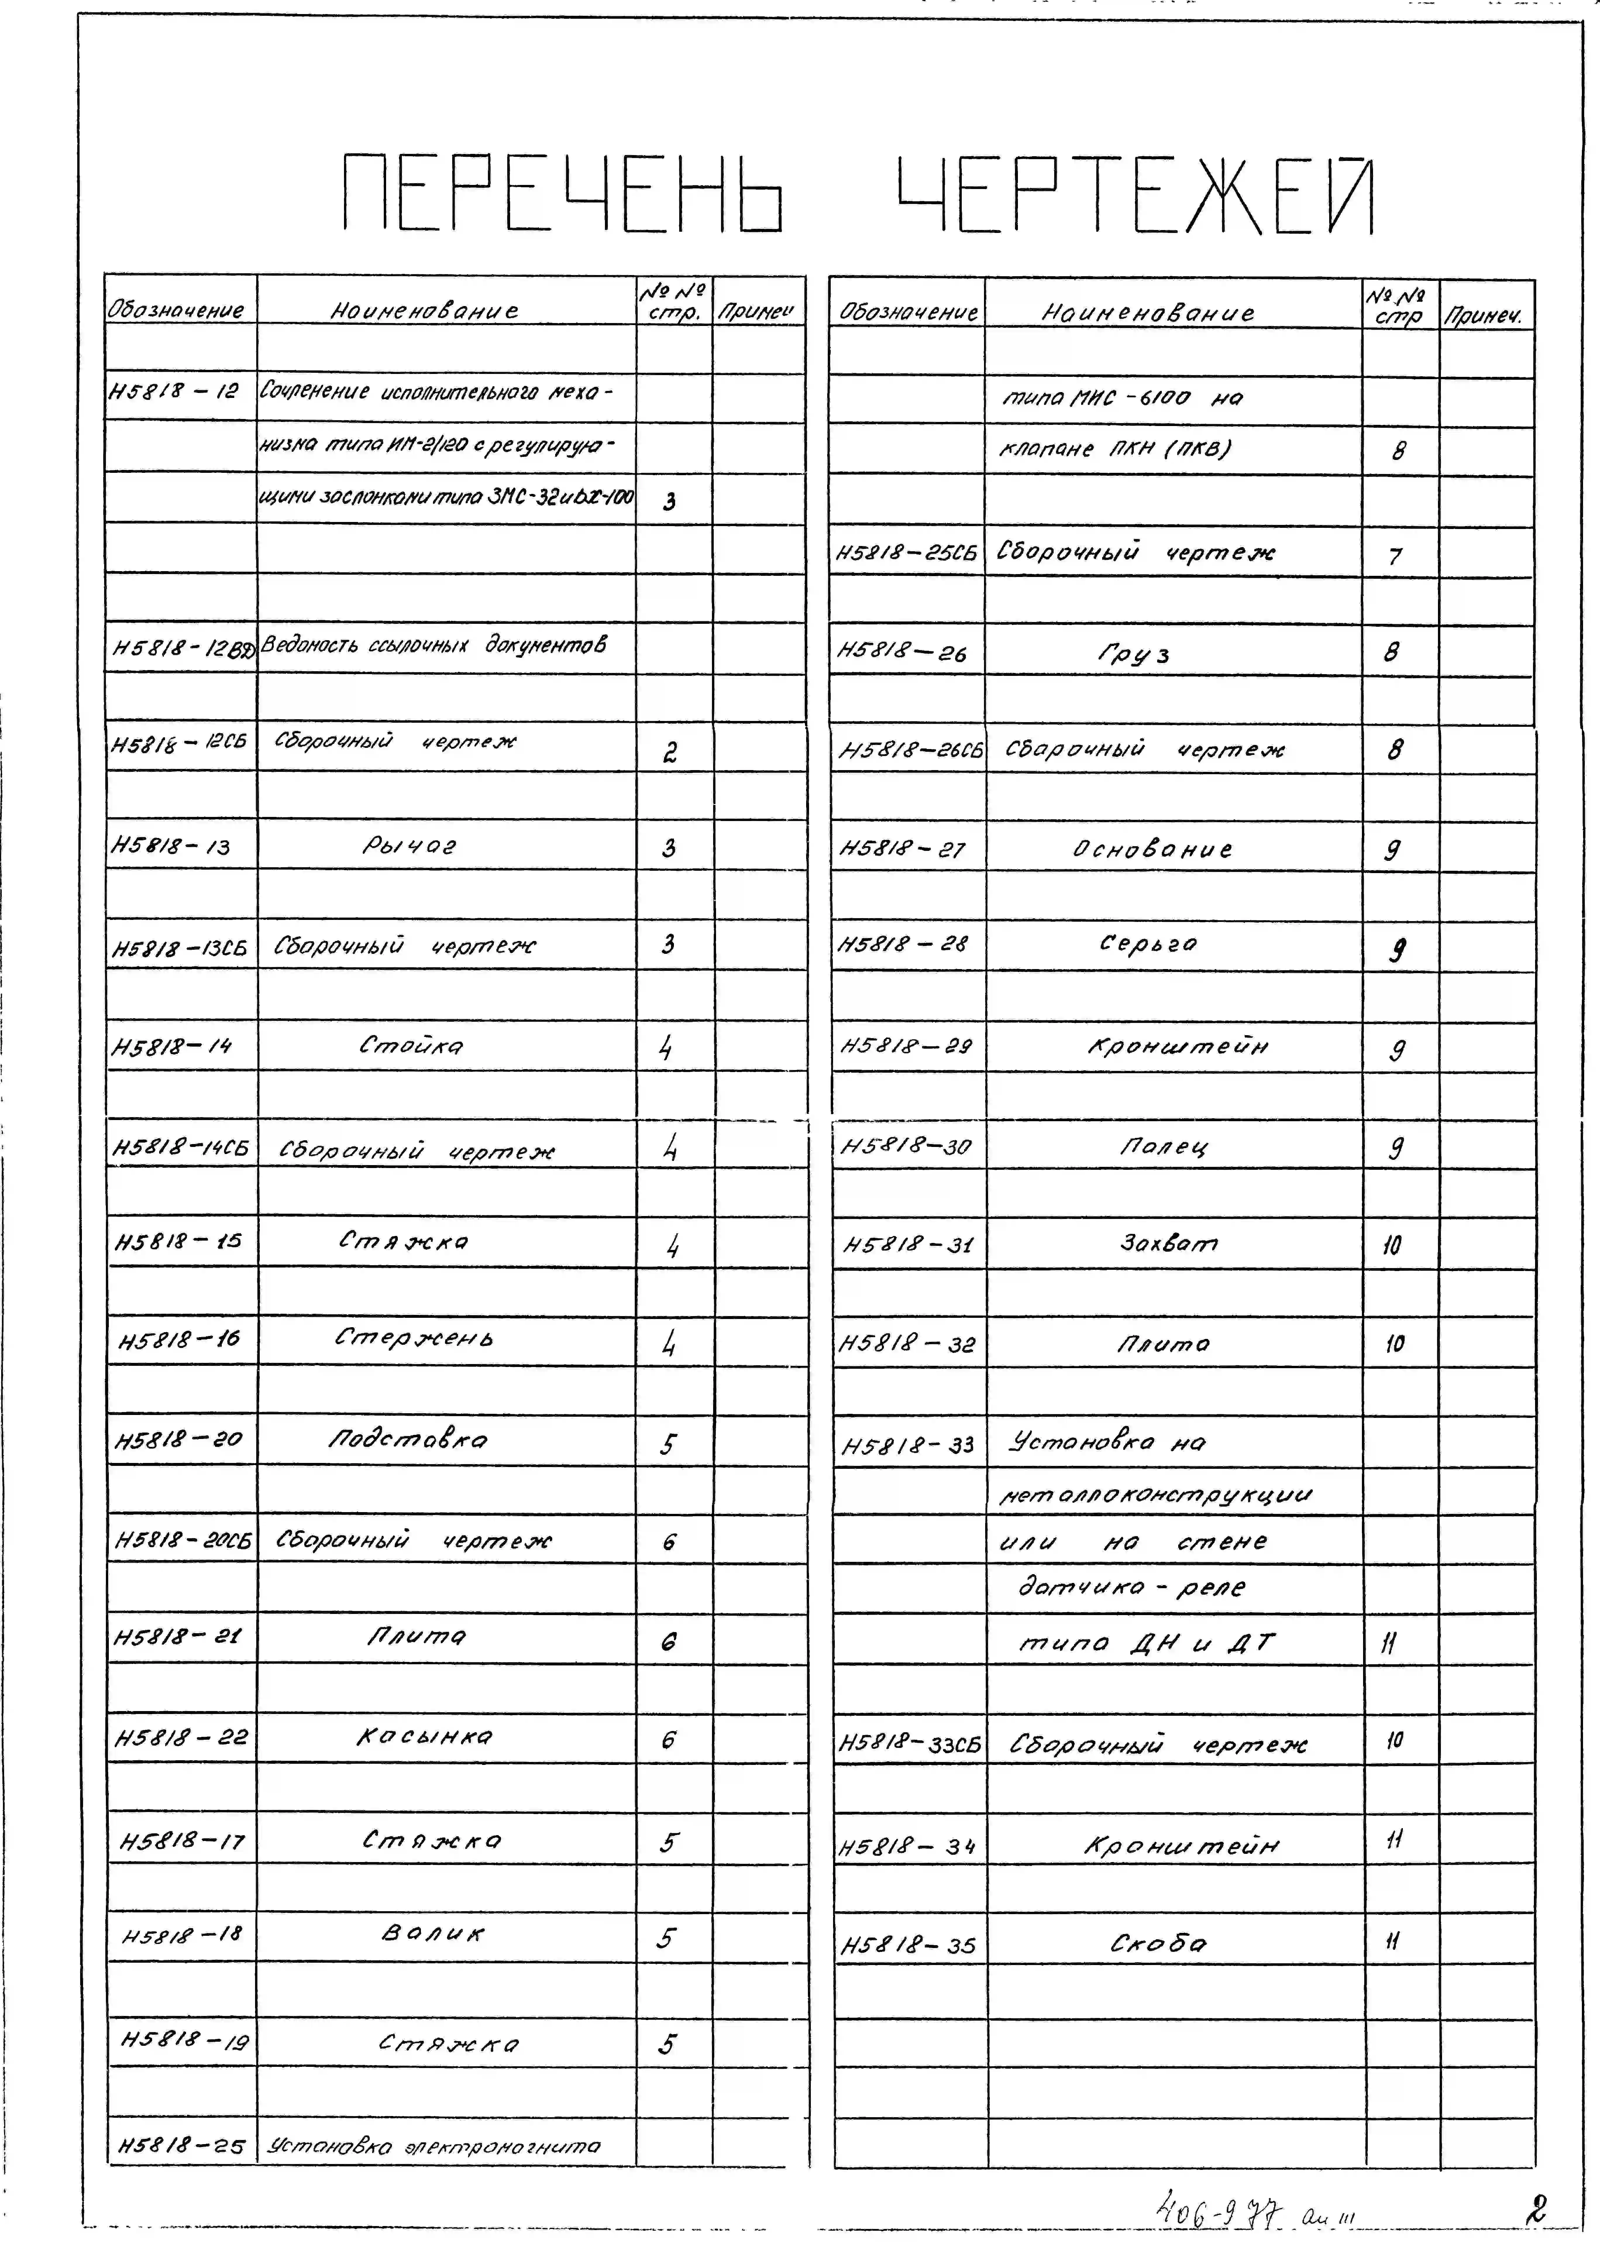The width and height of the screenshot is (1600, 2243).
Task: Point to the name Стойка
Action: (x=411, y=1045)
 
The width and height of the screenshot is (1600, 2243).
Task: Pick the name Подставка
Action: (x=408, y=1440)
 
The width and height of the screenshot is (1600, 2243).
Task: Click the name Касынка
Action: (x=425, y=1737)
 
